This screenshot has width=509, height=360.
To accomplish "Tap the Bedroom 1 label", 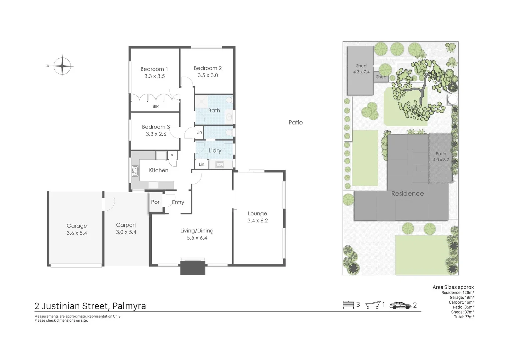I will point(154,69).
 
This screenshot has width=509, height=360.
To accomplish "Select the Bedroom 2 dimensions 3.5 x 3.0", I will point(208,75).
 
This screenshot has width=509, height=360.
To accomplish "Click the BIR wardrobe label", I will point(156,106).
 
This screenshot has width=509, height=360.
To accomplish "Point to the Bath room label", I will point(214,110).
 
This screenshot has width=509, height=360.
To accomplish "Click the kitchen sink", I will point(135,171).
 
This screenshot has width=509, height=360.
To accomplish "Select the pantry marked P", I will point(172,156).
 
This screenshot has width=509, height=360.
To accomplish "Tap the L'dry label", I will point(215,150).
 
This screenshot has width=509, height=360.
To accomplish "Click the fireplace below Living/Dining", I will point(193,268).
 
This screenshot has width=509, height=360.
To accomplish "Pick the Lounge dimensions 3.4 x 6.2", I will point(257,221).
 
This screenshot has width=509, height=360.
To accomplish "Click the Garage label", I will point(76,226).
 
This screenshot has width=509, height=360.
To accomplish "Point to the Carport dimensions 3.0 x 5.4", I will point(126,232).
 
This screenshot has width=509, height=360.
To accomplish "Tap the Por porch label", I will point(155,202).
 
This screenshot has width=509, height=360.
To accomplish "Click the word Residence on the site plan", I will point(407,194).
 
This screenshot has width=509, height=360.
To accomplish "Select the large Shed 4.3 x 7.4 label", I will point(361,69).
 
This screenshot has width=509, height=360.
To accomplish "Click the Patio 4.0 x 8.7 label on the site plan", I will point(441,157).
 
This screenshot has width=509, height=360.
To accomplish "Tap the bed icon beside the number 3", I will point(348,305).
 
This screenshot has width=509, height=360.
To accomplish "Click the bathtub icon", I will point(373,305).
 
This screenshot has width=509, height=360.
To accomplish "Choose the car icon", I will point(400,305).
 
